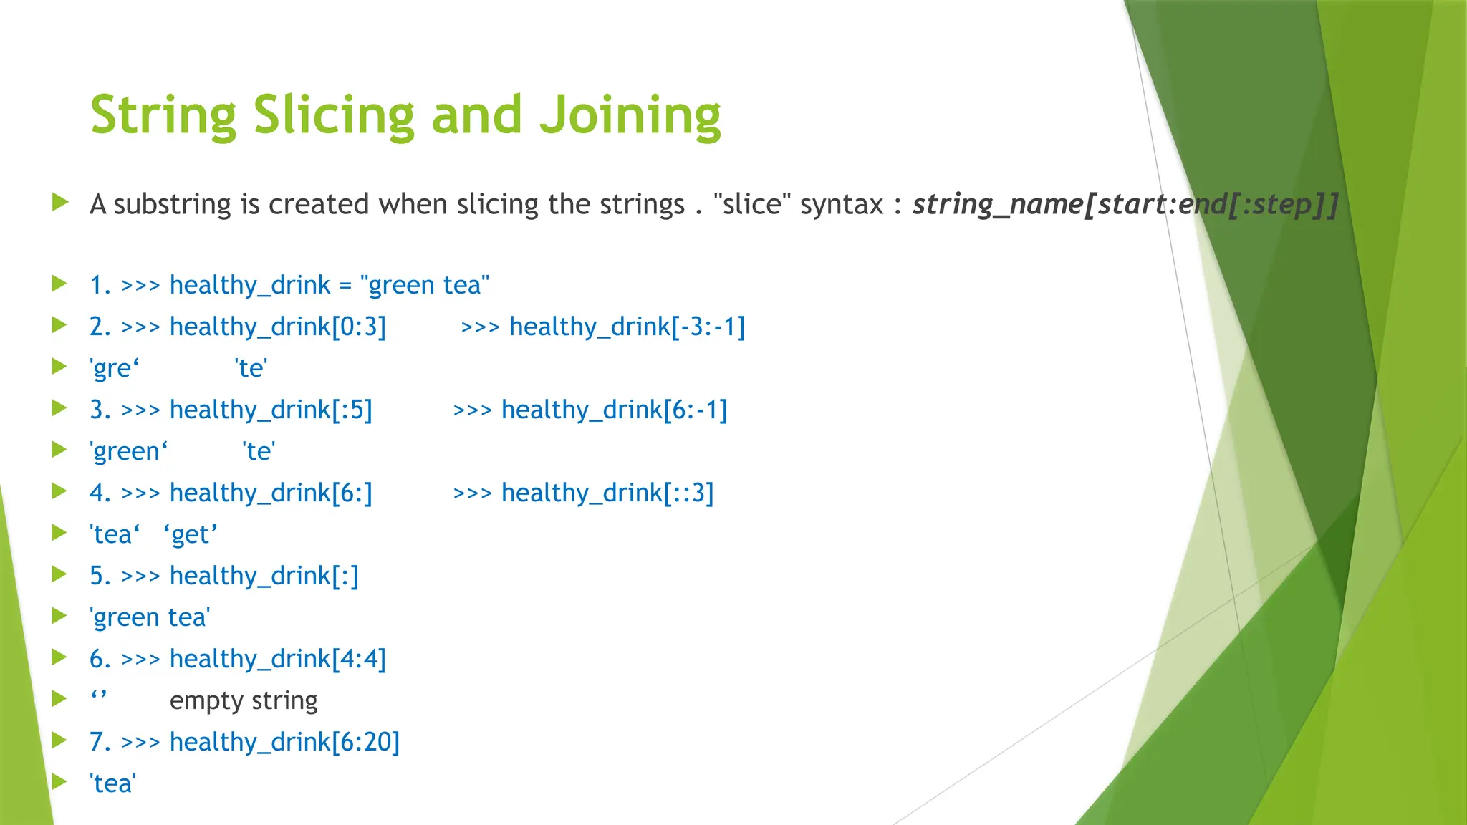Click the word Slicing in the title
click(333, 115)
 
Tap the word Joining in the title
click(630, 115)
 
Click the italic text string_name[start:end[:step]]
click(1125, 205)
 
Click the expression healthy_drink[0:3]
click(277, 327)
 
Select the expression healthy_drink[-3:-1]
click(627, 327)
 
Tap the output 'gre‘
click(114, 368)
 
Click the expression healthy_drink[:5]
click(271, 410)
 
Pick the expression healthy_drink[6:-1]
click(614, 410)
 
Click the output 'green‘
click(128, 451)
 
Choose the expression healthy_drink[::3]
click(607, 493)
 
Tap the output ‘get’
click(191, 534)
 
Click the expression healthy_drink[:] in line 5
click(264, 576)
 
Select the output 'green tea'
click(150, 617)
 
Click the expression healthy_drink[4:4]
click(277, 659)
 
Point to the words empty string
click(244, 700)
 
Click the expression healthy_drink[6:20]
click(284, 742)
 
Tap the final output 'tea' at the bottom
click(112, 783)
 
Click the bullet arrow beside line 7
click(59, 740)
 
